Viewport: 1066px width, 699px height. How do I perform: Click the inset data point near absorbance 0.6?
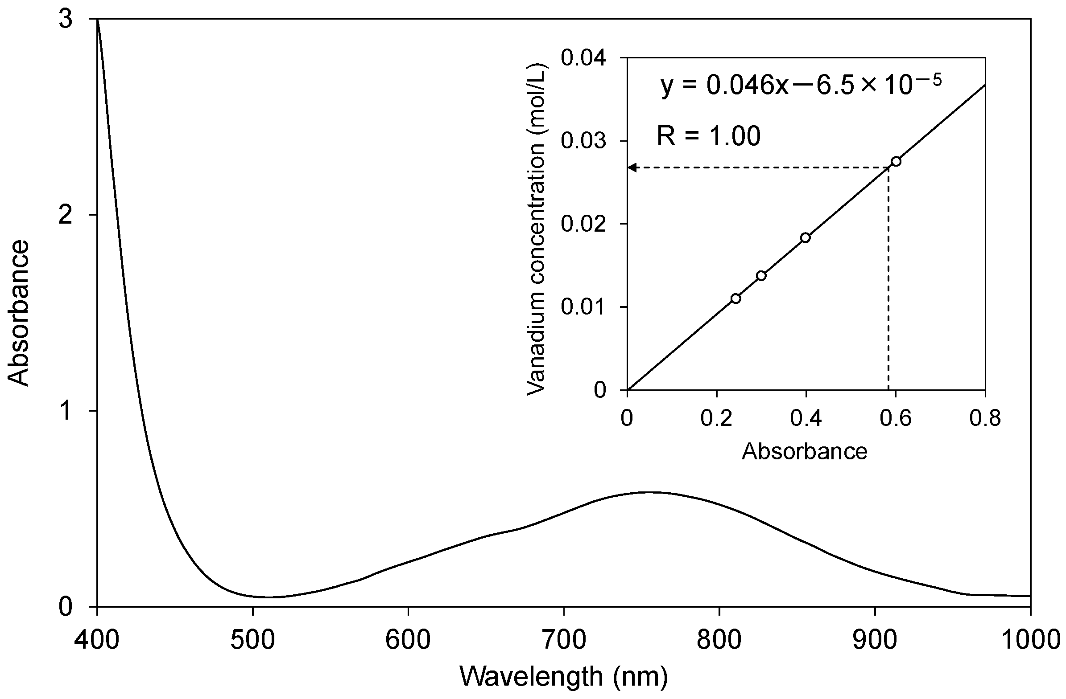(896, 161)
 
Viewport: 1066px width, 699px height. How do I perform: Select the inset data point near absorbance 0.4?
(806, 237)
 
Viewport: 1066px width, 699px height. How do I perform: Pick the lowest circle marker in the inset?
(735, 298)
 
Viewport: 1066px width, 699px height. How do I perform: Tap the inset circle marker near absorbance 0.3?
(761, 275)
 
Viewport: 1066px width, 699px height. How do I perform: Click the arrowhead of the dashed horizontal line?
(632, 168)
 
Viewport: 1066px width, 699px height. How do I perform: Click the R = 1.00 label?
(709, 136)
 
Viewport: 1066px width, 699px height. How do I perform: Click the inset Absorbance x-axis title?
(805, 452)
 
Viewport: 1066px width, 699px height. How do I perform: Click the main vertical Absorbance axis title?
(19, 313)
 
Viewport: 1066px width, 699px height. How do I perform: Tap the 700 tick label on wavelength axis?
(563, 640)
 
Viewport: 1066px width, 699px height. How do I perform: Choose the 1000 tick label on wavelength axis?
(1030, 640)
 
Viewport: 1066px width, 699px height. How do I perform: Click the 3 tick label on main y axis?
(66, 20)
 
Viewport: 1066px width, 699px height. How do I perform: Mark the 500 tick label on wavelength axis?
(252, 640)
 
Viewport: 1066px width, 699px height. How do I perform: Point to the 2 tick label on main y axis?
(66, 215)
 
